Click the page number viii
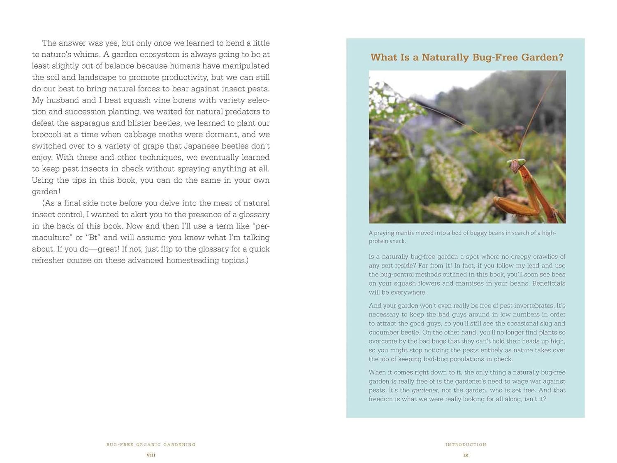click(x=151, y=455)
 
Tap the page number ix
click(x=466, y=455)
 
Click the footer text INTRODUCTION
click(x=466, y=444)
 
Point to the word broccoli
click(x=48, y=135)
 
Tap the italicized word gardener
click(x=425, y=390)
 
